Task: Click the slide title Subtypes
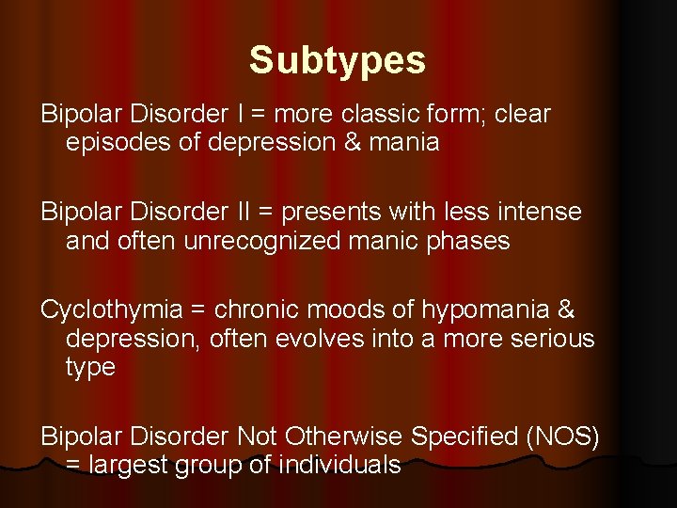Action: (338, 61)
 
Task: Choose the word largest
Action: (131, 465)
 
